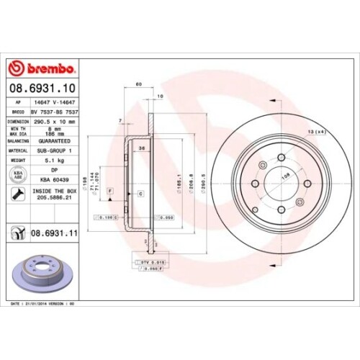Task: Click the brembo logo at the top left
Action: (x=45, y=68)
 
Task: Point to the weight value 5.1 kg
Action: (x=56, y=162)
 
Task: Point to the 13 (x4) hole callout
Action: (x=316, y=131)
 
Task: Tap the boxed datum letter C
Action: (x=141, y=194)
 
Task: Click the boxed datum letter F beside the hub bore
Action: (x=111, y=189)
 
